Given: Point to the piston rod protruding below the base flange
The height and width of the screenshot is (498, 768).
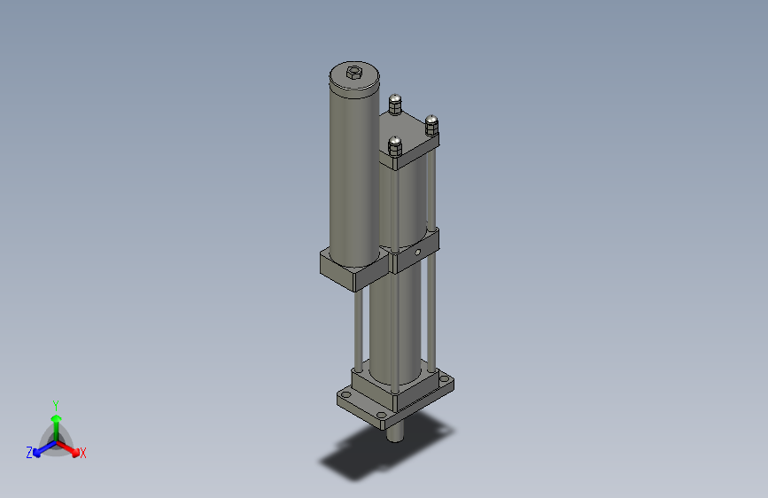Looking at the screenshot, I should [x=395, y=432].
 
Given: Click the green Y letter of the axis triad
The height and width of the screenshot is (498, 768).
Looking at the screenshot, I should [x=55, y=405].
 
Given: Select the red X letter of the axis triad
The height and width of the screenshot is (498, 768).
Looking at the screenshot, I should [x=83, y=454].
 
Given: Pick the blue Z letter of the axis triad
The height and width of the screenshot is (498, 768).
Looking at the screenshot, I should [x=29, y=453].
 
